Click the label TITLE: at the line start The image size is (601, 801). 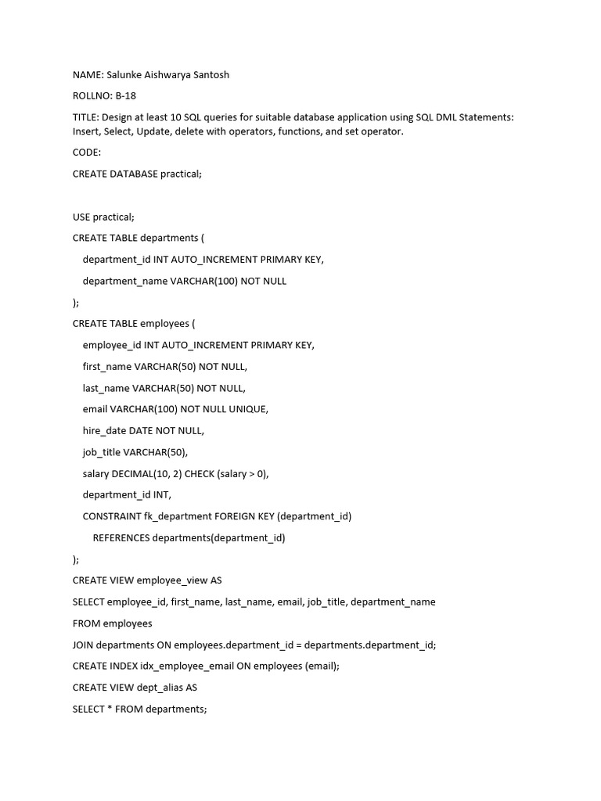86,117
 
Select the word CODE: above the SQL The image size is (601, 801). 87,153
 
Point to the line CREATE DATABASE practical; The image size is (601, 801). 137,174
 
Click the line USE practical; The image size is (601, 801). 103,217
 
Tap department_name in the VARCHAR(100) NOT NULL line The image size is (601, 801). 124,281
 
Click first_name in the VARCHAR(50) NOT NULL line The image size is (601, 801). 107,366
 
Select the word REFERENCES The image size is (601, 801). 121,537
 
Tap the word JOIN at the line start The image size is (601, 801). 84,645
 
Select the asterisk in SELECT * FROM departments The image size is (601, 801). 110,709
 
